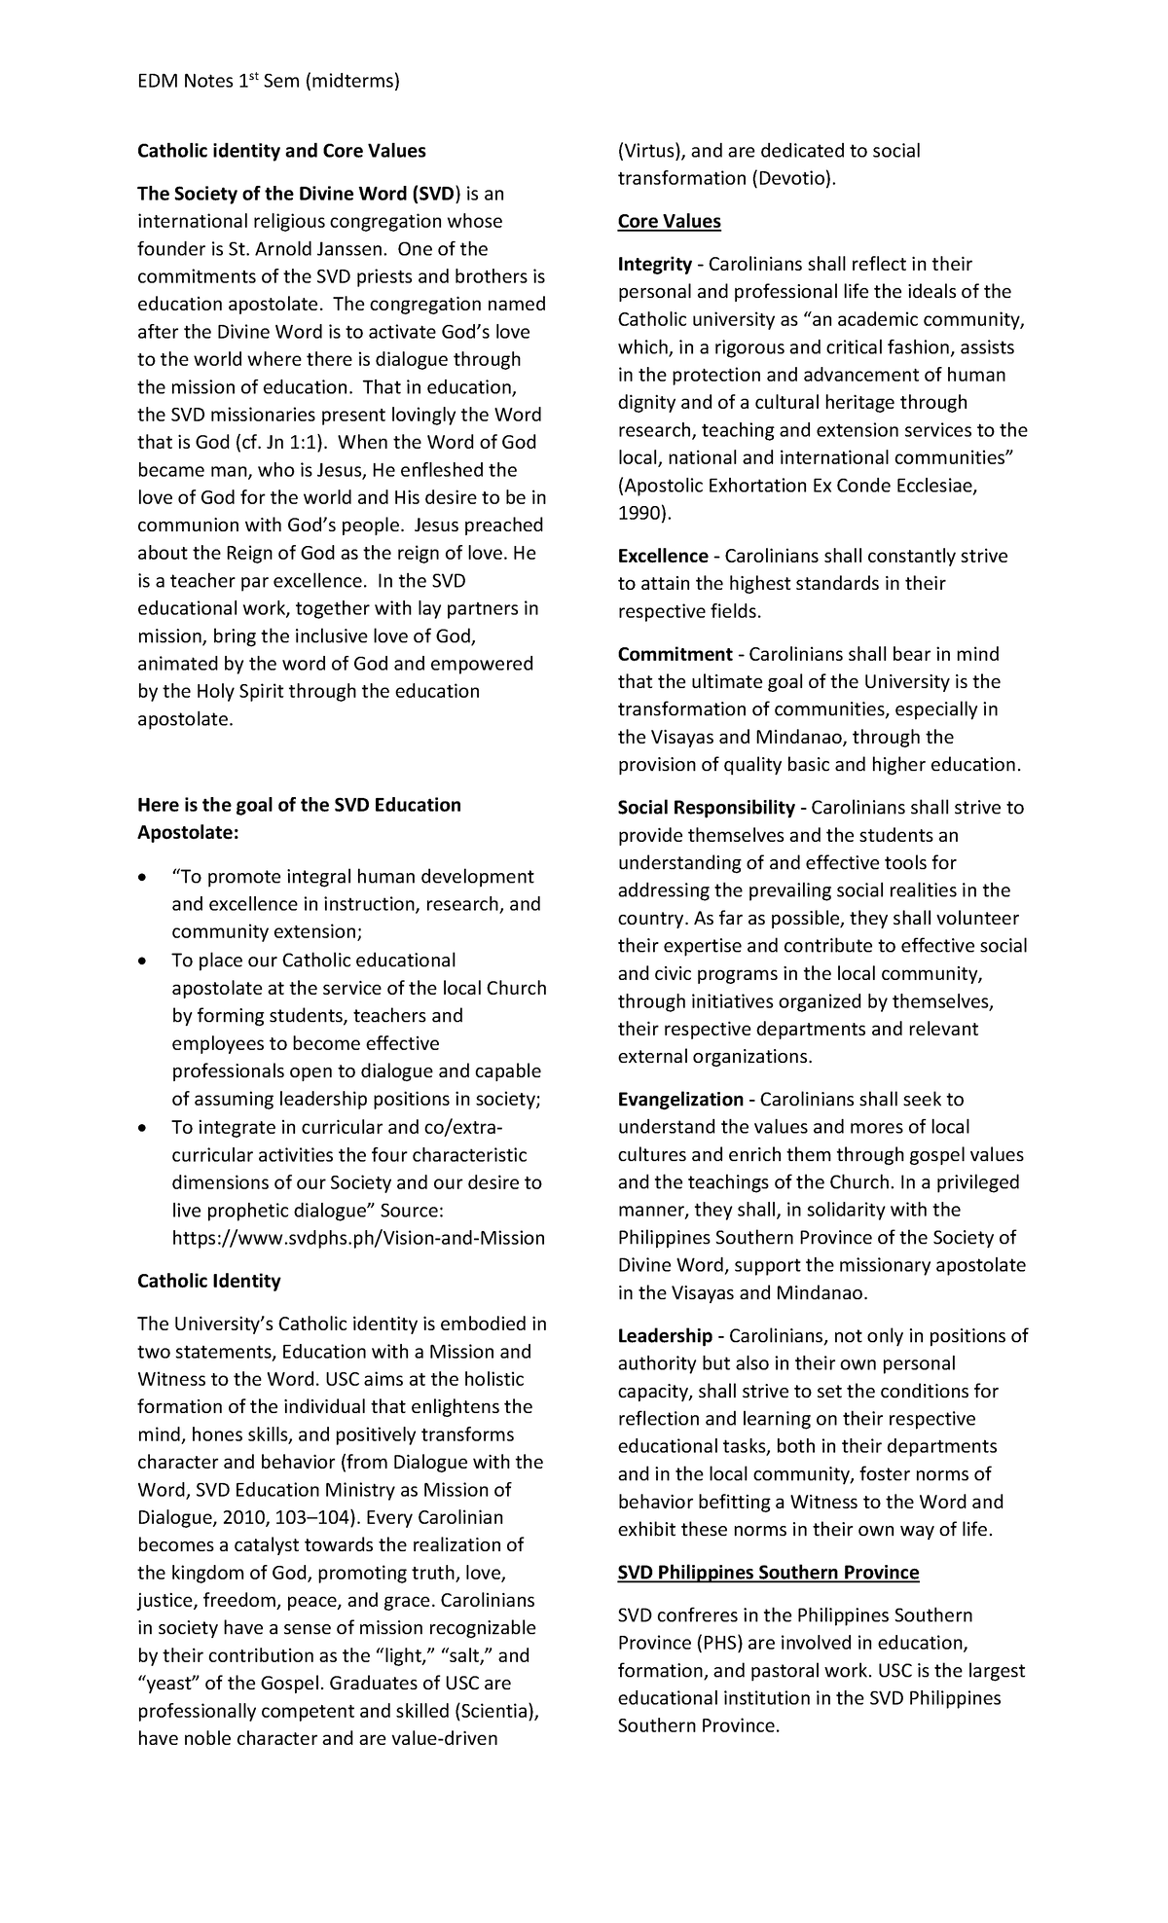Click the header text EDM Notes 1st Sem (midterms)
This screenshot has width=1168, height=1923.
click(x=269, y=81)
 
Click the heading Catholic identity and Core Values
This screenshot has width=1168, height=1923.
click(x=281, y=151)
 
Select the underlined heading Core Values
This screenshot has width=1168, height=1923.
click(x=669, y=221)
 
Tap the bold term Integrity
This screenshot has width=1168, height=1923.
click(x=654, y=265)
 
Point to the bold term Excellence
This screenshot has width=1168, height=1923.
click(x=663, y=557)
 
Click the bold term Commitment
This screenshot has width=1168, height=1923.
click(x=675, y=654)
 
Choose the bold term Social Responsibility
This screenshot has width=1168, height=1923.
click(x=707, y=808)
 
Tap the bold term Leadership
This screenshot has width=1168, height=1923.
click(x=665, y=1336)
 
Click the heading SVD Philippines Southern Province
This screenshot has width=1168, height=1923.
click(x=768, y=1573)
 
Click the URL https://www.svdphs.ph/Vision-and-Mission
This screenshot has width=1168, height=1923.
click(x=358, y=1238)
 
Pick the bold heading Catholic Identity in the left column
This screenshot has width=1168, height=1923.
click(x=208, y=1281)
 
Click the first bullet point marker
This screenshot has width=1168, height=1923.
click(x=144, y=878)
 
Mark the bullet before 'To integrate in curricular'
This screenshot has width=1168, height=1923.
click(x=144, y=1129)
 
